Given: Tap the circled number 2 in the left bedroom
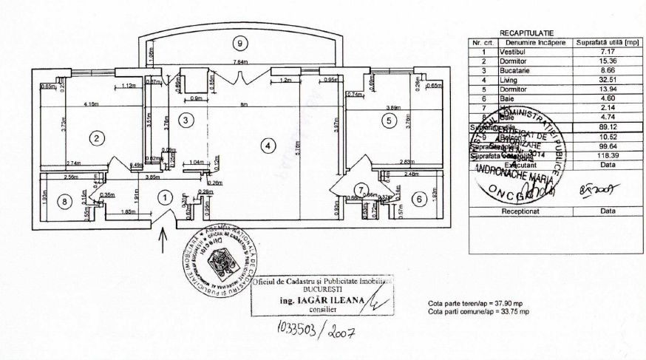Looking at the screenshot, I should click(x=95, y=137).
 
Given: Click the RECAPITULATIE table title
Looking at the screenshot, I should click(x=526, y=33).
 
